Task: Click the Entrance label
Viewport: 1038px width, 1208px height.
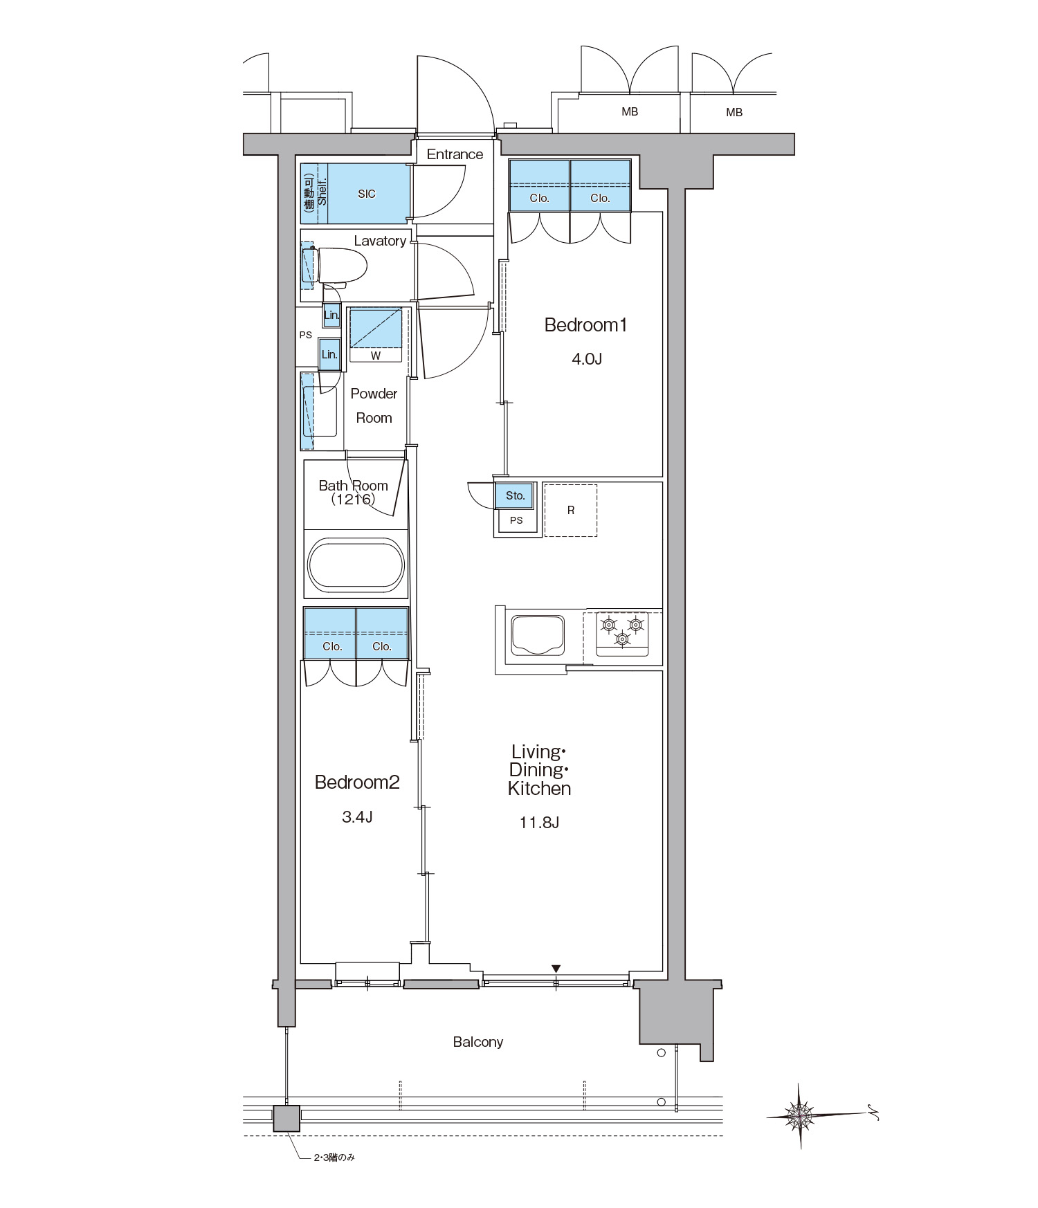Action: point(455,154)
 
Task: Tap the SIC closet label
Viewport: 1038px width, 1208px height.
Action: point(367,194)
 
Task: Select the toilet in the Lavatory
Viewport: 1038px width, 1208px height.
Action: point(340,267)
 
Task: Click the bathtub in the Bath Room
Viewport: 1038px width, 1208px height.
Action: point(356,565)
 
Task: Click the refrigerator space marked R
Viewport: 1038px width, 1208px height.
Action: point(570,510)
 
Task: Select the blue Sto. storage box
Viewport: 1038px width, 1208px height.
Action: point(515,495)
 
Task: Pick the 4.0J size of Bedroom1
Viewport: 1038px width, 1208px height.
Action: point(587,358)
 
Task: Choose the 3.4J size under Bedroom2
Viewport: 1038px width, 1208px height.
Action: point(357,817)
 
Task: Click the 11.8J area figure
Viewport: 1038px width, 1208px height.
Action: point(539,823)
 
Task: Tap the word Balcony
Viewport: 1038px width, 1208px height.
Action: point(478,1042)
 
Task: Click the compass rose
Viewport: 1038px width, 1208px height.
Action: point(800,1115)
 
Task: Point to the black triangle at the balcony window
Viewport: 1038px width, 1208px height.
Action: point(556,969)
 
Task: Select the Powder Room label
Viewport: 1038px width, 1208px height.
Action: point(374,405)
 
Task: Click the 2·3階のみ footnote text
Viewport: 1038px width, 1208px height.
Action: point(334,1157)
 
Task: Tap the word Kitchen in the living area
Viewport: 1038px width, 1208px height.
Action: point(539,789)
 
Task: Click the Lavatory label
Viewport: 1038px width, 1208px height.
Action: point(380,241)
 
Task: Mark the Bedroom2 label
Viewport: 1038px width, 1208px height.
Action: point(357,783)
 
